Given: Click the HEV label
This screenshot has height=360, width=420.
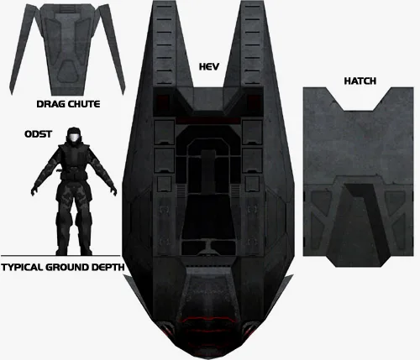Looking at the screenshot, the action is (209, 66).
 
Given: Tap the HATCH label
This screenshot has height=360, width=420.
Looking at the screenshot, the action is (360, 81).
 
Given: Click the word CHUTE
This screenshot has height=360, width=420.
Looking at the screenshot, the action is (84, 104).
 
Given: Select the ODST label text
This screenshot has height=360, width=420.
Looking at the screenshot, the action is (38, 134).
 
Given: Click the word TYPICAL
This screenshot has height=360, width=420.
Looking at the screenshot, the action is (22, 267).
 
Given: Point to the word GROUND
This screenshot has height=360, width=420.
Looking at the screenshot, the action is (67, 267).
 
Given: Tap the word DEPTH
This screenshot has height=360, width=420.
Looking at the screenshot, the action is (108, 267).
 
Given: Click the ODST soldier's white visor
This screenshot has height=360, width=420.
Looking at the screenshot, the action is (74, 138).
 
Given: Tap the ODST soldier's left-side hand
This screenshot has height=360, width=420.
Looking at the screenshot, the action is (34, 190).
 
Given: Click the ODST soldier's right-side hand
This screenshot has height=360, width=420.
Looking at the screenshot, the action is (113, 190).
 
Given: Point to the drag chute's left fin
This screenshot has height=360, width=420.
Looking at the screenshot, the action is (22, 50).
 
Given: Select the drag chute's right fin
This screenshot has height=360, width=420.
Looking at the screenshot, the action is (113, 50).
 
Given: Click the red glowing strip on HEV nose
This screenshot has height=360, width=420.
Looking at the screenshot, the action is (209, 320).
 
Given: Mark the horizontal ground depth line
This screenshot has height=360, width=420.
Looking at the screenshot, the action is (60, 256).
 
